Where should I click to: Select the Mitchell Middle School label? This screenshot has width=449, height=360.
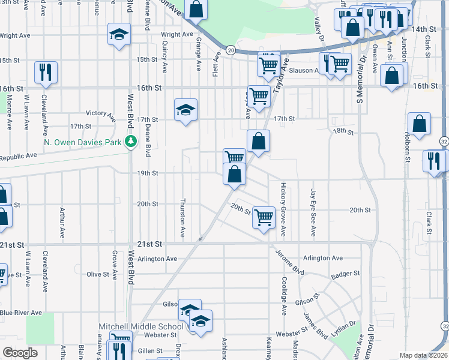[x=141, y=327]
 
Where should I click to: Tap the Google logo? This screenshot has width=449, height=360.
[x=20, y=353]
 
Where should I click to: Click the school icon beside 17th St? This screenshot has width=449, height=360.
[x=186, y=109]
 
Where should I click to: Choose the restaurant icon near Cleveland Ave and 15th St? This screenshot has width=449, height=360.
[x=46, y=72]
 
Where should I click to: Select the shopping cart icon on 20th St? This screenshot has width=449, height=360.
[x=264, y=217]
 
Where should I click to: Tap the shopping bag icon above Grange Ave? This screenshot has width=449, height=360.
[x=196, y=9]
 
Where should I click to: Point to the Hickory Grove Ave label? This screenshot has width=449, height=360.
[x=283, y=203]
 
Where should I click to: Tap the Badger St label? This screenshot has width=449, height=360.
[x=345, y=274]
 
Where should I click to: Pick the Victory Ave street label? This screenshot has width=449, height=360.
[x=100, y=113]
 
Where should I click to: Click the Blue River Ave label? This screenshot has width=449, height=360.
[x=21, y=313]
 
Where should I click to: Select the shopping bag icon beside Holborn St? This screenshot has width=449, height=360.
[x=419, y=124]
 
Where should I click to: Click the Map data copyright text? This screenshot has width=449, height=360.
[x=423, y=355]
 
